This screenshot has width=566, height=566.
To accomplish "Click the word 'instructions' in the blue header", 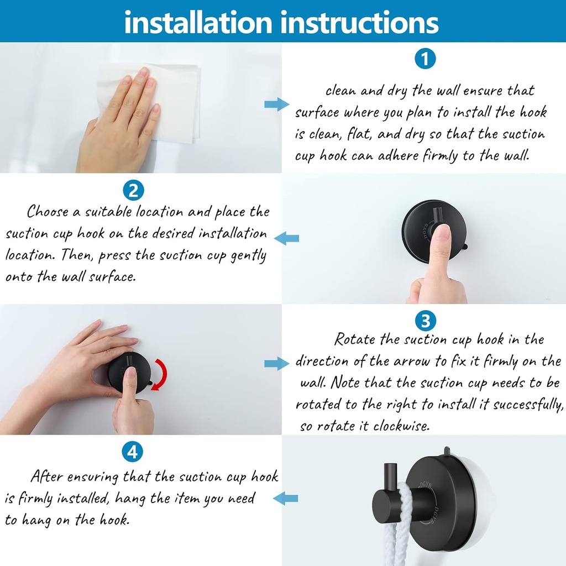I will tap(360, 22).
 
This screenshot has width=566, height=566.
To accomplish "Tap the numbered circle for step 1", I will tap(424, 59).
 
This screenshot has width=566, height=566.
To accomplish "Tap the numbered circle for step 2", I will tap(133, 190).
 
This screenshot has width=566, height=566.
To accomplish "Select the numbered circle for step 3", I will tap(424, 320).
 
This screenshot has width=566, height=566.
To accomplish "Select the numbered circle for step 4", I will tap(133, 452).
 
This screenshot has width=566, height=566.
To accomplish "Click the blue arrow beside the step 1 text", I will tap(276, 104).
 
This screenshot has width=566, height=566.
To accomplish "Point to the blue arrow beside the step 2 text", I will tap(287, 238).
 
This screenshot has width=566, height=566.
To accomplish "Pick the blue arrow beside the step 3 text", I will tap(276, 363).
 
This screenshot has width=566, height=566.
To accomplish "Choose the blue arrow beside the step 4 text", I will tap(286, 499).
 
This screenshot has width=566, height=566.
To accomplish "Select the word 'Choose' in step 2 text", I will tap(48, 212).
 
